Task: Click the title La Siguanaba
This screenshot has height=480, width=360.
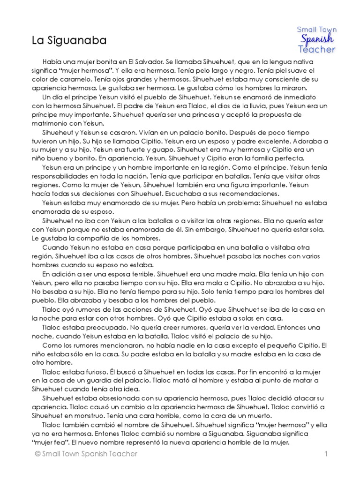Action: [x=69, y=41]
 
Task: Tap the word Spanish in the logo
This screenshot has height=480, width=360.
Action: [x=317, y=39]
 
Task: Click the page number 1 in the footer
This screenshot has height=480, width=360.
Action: [x=324, y=454]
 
